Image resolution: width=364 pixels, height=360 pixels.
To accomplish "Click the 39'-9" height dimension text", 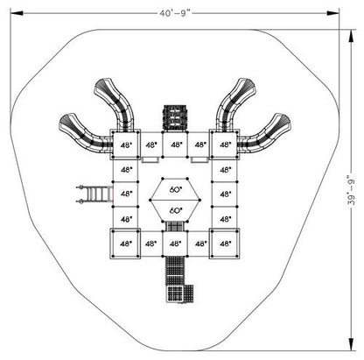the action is pyautogui.click(x=352, y=190).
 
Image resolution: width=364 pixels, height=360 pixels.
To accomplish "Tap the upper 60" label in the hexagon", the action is pyautogui.click(x=176, y=189).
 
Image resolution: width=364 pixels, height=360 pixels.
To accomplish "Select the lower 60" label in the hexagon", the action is pyautogui.click(x=176, y=210).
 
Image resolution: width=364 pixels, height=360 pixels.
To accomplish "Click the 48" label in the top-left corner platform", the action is pyautogui.click(x=126, y=145).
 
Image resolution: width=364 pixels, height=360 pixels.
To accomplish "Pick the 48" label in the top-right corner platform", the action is pyautogui.click(x=225, y=145).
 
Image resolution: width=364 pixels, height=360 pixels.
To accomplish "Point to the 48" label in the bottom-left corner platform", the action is pyautogui.click(x=126, y=244).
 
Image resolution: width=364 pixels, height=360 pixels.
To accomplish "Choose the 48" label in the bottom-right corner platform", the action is pyautogui.click(x=225, y=244).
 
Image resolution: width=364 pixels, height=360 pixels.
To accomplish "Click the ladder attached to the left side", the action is pyautogui.click(x=94, y=194).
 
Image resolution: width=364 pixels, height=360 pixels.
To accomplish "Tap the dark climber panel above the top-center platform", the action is pyautogui.click(x=174, y=117).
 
